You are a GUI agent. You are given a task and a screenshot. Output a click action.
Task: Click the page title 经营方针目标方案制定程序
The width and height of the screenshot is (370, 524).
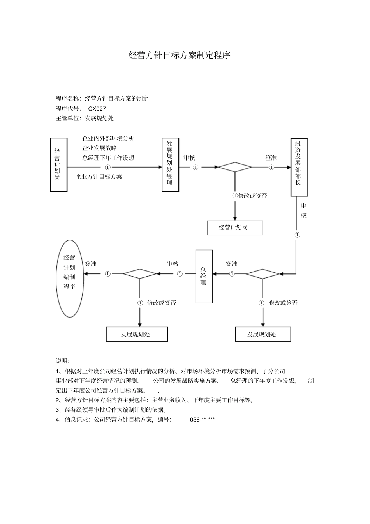(x=180, y=55)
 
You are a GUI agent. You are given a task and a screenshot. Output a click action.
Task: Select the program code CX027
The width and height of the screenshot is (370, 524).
(x=97, y=109)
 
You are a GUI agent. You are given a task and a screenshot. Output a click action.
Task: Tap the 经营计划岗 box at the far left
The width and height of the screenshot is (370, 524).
(x=58, y=164)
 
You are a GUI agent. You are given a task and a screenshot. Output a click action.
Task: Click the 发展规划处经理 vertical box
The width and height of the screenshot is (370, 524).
(x=170, y=164)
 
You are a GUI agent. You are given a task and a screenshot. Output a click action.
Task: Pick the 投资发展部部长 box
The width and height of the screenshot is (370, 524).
(x=299, y=167)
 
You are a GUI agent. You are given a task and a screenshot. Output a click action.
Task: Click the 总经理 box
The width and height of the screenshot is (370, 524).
(x=204, y=276)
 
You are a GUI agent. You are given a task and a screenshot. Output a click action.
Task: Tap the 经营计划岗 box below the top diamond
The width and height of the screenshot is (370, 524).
(x=234, y=228)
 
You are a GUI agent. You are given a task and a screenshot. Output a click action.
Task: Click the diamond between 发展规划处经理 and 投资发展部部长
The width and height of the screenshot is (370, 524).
(x=235, y=167)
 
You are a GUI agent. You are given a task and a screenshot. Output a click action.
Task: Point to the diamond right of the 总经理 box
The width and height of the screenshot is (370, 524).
(x=263, y=274)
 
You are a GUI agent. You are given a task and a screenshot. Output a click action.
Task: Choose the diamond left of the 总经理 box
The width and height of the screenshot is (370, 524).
(x=140, y=274)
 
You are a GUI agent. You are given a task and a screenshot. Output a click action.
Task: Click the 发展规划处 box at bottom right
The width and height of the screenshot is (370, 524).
(x=263, y=334)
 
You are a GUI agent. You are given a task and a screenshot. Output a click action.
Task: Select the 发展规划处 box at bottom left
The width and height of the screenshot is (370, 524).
(x=137, y=334)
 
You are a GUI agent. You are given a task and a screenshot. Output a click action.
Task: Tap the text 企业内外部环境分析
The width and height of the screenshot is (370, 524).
(x=108, y=138)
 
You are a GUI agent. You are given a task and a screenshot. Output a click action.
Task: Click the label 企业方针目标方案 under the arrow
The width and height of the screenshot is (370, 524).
(x=99, y=176)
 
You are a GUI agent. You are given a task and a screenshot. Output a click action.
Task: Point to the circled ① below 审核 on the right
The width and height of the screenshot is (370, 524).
(x=298, y=235)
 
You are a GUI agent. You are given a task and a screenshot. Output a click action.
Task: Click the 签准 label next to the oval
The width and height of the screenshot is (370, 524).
(x=90, y=264)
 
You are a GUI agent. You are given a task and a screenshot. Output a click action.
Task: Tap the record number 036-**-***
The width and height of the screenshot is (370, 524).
(x=203, y=420)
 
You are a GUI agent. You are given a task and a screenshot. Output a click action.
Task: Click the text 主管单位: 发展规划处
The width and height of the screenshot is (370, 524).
(x=85, y=118)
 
